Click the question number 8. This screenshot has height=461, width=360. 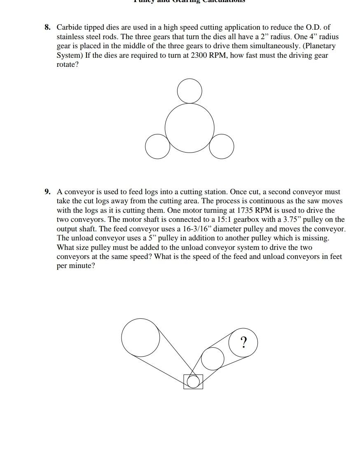pyautogui.click(x=48, y=28)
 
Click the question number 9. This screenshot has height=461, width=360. pyautogui.click(x=48, y=192)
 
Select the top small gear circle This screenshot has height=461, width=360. pyautogui.click(x=189, y=91)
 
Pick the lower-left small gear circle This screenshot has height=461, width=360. pyautogui.click(x=157, y=146)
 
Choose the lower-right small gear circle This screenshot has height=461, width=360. pyautogui.click(x=222, y=146)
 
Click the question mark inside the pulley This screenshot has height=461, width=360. pyautogui.click(x=244, y=342)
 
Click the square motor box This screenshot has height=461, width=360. pyautogui.click(x=193, y=381)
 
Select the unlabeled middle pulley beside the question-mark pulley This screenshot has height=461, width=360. pyautogui.click(x=213, y=358)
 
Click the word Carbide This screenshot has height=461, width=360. pyautogui.click(x=70, y=28)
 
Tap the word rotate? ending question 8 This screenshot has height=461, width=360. pyautogui.click(x=67, y=65)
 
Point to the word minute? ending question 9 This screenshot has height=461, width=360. pyautogui.click(x=82, y=266)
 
